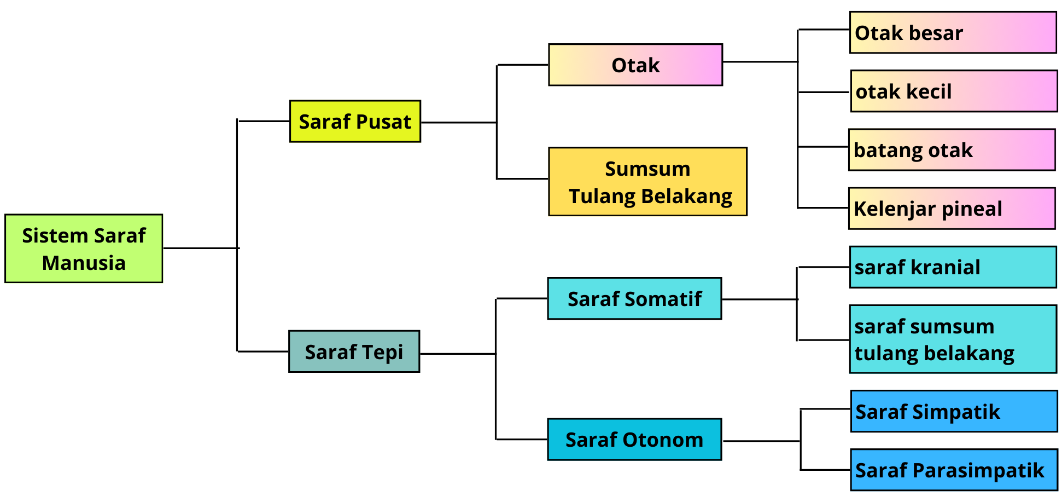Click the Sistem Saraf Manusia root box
[84, 249]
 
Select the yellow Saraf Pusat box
[355, 122]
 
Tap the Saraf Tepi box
[354, 351]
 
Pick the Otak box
[635, 65]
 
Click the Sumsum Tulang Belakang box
[647, 182]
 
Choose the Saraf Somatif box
[634, 299]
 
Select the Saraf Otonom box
[634, 440]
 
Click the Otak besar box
[953, 33]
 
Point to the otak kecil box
[954, 91]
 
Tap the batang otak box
[952, 150]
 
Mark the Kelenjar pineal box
[952, 209]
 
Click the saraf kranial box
[953, 267]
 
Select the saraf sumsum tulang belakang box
[953, 339]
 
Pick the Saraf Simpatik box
[954, 412]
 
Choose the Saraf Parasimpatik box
[954, 470]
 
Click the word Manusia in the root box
[84, 263]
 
